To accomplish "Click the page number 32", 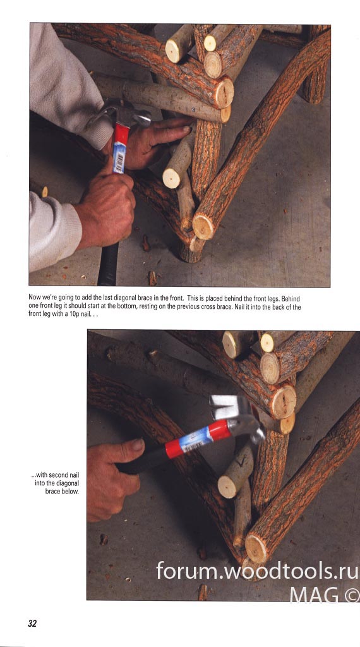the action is point(32,623).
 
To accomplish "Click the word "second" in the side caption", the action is point(58,475).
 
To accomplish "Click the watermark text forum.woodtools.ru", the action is point(256,571).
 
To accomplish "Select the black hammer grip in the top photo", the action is point(109,264).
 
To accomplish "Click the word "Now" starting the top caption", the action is point(34,298).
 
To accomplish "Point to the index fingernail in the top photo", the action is point(186,129).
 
